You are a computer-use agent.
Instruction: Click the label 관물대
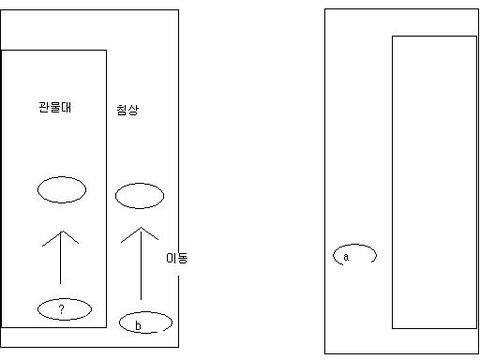[55, 107]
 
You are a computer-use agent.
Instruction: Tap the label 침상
[127, 110]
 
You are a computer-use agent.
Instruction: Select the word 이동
[177, 258]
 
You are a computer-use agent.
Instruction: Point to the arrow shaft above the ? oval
[61, 257]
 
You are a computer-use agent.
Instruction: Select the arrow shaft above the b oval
[141, 264]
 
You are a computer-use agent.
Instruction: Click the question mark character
[61, 309]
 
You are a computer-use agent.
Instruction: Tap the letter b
[138, 325]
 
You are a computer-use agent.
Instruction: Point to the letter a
[346, 257]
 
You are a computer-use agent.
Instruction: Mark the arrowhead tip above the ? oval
[62, 231]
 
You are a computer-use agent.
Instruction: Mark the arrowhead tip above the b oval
[141, 228]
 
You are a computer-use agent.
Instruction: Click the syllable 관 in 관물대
[44, 107]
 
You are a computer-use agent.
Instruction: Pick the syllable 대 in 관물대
[66, 107]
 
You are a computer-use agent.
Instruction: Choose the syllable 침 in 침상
[122, 110]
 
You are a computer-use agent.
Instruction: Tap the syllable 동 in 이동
[183, 258]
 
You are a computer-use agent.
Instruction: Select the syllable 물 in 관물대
[55, 107]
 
